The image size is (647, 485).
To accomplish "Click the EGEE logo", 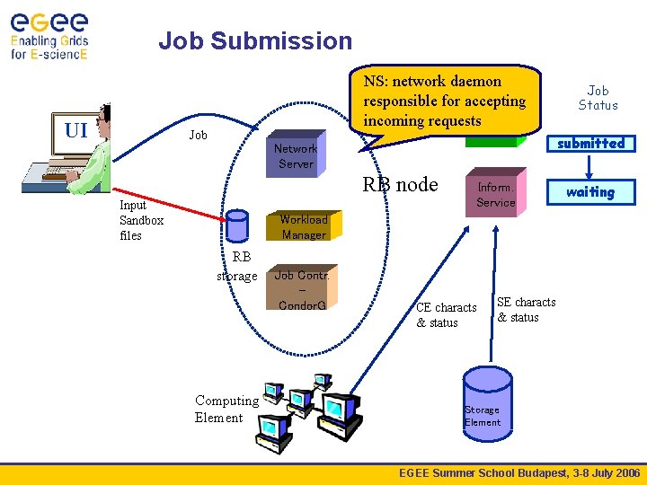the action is (49, 36).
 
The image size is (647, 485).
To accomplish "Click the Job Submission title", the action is (255, 40).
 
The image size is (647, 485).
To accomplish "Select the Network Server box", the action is (296, 154).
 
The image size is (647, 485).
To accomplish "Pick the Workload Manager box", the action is (304, 225).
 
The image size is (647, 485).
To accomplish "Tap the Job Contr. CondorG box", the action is (302, 287).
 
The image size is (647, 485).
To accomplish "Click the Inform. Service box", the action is (496, 192).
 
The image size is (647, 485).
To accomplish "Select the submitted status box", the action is (591, 144).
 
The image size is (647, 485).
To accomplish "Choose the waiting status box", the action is (591, 192).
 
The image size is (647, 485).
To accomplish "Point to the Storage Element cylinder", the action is (488, 404).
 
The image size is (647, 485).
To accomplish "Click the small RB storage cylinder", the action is (237, 225).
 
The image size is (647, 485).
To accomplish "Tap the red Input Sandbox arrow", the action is (169, 204).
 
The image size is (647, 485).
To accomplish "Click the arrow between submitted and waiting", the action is (589, 166).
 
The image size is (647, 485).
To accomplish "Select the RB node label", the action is (400, 184).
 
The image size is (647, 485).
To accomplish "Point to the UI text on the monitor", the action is (76, 131).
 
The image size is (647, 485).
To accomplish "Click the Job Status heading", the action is (598, 98).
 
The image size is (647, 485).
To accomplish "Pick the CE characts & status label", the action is (446, 315).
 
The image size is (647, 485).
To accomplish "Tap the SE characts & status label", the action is (526, 310).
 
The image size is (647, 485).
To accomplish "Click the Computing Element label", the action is (227, 409).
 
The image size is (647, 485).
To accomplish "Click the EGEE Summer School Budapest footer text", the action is (519, 473).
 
